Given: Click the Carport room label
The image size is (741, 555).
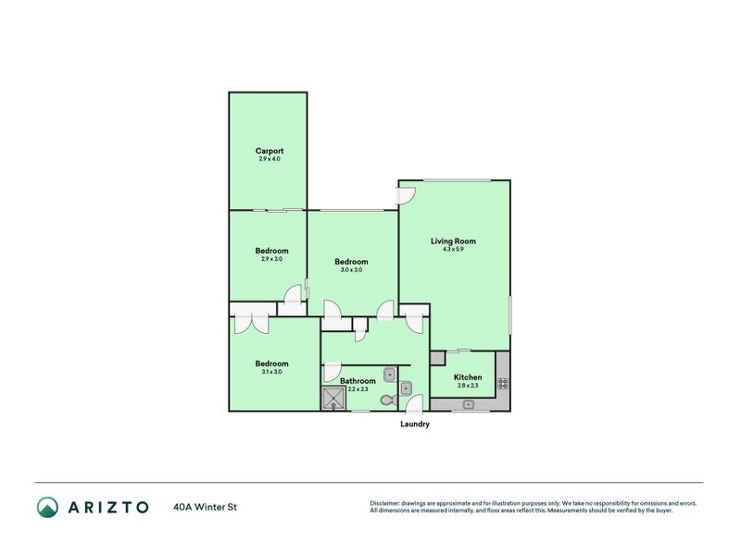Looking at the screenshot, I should click(270, 151).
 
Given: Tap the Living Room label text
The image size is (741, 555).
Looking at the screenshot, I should click(453, 241).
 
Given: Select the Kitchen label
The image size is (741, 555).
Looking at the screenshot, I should click(468, 377).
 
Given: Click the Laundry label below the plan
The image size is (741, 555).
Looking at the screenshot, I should click(415, 425).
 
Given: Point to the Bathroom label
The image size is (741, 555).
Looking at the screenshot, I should click(358, 381).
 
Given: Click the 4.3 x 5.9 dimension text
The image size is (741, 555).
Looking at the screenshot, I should click(453, 250).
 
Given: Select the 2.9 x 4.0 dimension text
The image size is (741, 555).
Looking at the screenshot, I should click(270, 159).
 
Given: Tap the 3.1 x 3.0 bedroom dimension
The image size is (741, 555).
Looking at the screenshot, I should click(271, 372).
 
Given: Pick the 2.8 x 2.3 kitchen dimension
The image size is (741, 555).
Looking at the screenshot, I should click(468, 386).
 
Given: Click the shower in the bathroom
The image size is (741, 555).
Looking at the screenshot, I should click(333, 399).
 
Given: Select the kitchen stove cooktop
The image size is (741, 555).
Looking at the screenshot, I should click(503, 382).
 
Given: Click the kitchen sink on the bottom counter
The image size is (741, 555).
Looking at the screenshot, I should click(469, 404).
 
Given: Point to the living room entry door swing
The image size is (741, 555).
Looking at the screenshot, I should click(406, 196).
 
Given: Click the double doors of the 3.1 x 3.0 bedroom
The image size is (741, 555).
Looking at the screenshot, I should click(251, 323).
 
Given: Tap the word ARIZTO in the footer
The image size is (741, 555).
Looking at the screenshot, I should click(108, 507).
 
